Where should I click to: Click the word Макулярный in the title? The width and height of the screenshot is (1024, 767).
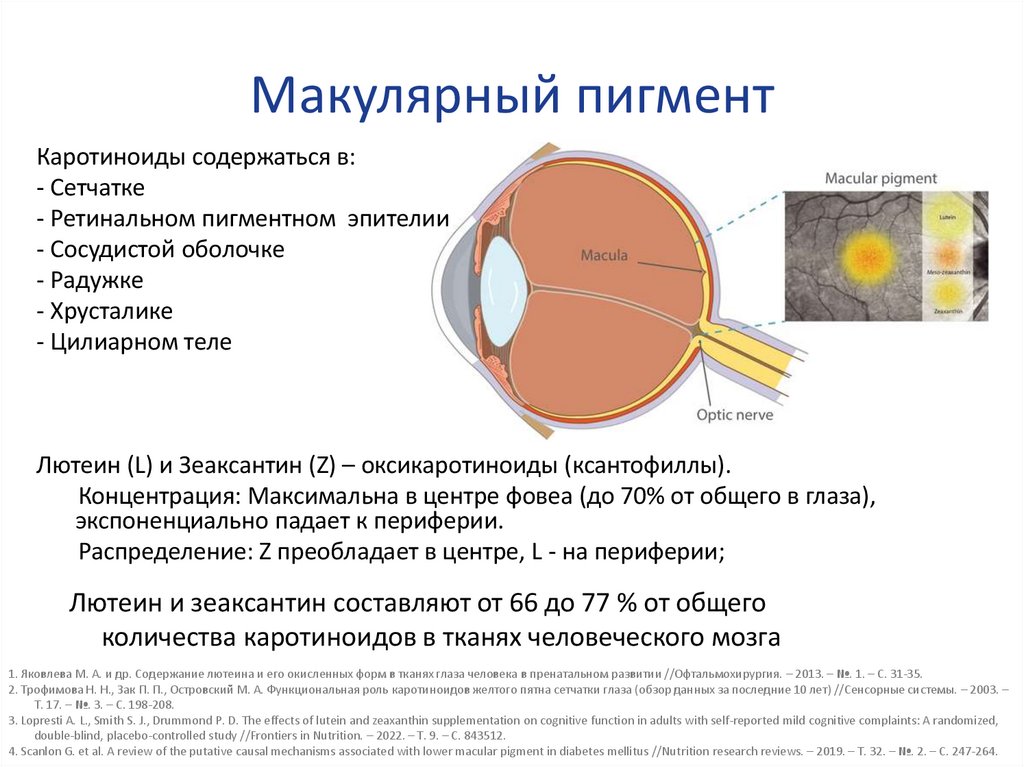[401, 97]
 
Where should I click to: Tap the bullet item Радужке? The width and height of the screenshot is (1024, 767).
[96, 280]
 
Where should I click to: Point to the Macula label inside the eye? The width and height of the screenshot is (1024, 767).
[604, 256]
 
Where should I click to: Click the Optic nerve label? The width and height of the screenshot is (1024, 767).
[734, 414]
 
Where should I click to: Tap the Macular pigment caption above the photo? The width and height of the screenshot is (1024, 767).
[880, 178]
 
